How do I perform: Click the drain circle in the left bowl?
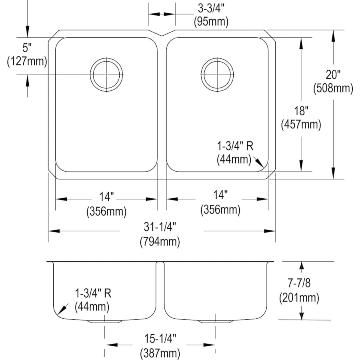(106, 74)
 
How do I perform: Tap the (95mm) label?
(210, 22)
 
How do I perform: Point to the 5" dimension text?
(27, 48)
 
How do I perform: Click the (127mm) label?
(27, 61)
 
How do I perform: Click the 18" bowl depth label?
(301, 111)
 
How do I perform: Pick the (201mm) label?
(298, 297)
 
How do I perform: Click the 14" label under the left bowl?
(106, 197)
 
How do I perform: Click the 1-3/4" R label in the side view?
(93, 294)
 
